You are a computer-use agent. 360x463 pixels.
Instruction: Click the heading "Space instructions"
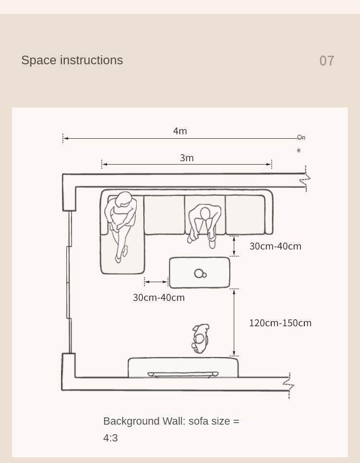click(x=72, y=60)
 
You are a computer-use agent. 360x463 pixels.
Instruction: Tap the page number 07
click(x=326, y=61)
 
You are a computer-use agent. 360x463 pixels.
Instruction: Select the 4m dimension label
click(x=180, y=131)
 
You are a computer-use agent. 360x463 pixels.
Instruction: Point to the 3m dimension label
click(x=187, y=158)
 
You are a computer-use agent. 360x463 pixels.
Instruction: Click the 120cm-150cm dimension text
click(x=280, y=323)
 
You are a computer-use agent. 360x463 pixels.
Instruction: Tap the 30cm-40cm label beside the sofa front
click(x=275, y=246)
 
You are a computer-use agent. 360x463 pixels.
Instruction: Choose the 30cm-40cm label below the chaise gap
click(x=158, y=297)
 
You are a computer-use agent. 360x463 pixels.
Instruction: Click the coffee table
click(x=200, y=273)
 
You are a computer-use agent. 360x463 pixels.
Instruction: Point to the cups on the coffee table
click(x=200, y=274)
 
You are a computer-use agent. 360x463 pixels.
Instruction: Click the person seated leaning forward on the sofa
click(x=204, y=225)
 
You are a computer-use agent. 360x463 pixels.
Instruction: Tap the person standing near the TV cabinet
click(x=201, y=338)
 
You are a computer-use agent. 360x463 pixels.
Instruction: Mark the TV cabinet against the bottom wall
click(x=183, y=368)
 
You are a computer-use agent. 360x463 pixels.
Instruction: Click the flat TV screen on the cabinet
click(x=183, y=374)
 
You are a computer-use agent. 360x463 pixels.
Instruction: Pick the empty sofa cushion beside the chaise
click(x=164, y=214)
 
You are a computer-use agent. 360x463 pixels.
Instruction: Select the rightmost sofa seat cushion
click(x=245, y=214)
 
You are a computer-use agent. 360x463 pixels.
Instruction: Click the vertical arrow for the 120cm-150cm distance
click(x=234, y=322)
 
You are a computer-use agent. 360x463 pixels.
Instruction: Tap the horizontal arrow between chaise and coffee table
click(x=156, y=282)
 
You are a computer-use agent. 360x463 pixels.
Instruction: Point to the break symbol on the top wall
click(x=306, y=178)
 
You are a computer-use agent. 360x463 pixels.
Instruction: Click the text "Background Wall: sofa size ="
click(x=171, y=421)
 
